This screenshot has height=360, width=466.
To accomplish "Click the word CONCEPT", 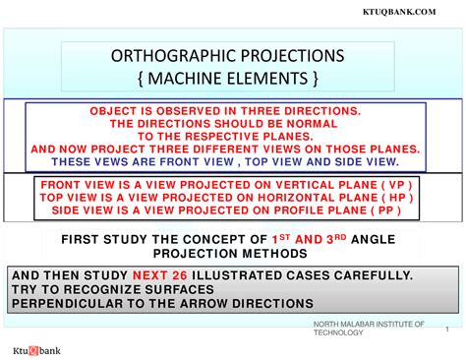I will coord(223,239).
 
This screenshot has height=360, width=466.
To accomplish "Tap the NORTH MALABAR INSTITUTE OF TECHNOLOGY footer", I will coord(369,328).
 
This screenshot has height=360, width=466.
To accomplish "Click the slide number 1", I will coord(446,329).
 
